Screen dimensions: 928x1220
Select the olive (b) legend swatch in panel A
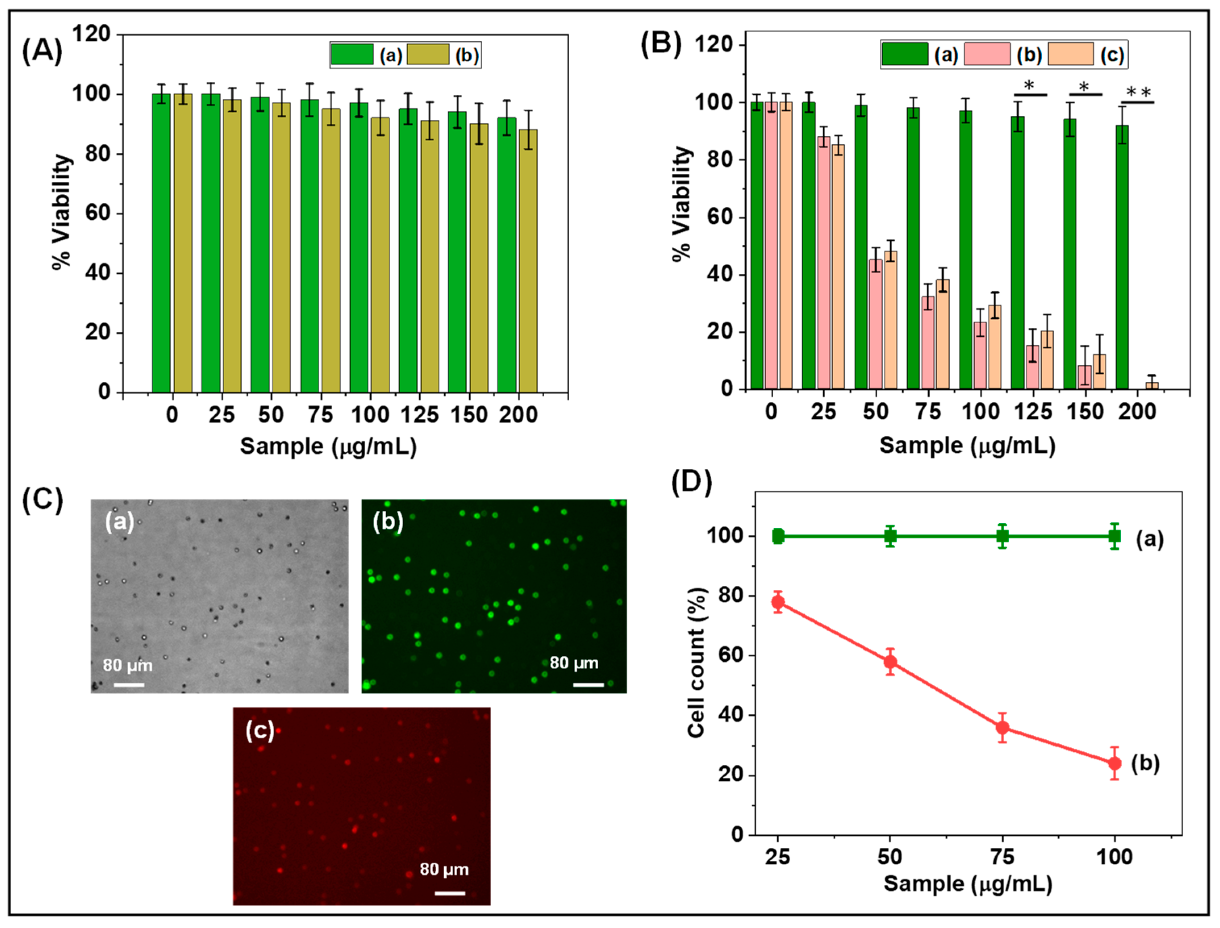click(428, 55)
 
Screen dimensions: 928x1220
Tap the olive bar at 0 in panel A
click(183, 243)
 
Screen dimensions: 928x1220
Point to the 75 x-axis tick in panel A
click(321, 415)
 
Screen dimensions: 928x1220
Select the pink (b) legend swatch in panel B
click(987, 54)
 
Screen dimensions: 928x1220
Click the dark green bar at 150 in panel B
click(1070, 254)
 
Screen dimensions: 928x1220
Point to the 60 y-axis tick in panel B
click(720, 217)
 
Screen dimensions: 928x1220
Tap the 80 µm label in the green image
click(574, 663)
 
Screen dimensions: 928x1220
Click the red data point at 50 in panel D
click(890, 662)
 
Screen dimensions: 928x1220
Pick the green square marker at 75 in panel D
click(1002, 536)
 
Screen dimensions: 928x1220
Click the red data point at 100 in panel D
click(1114, 764)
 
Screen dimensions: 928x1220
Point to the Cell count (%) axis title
click(697, 662)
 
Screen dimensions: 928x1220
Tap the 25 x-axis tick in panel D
click(778, 857)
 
